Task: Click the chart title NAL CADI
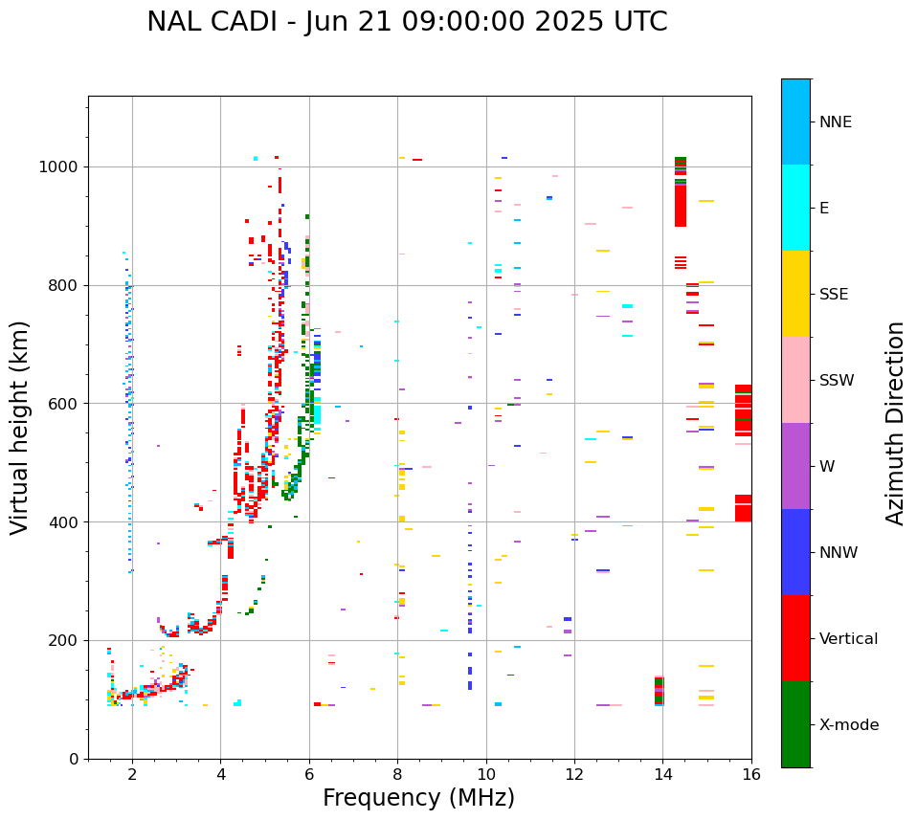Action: coord(407,22)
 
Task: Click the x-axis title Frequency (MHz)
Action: coord(418,798)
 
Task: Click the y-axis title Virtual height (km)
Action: coord(20,428)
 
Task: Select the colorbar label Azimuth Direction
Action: coord(895,423)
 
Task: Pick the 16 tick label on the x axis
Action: coord(751,774)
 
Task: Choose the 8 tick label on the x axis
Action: coord(397,774)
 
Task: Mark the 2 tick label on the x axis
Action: coord(132,774)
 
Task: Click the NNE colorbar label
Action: coord(835,122)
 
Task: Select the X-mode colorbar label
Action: coord(849,725)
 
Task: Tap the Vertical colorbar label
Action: coord(848,639)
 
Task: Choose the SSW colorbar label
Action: coord(837,381)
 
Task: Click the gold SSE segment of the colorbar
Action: coord(795,294)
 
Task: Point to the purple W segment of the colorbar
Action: coord(795,466)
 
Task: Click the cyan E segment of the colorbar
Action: coord(795,208)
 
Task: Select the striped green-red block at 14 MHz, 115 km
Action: coord(659,691)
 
